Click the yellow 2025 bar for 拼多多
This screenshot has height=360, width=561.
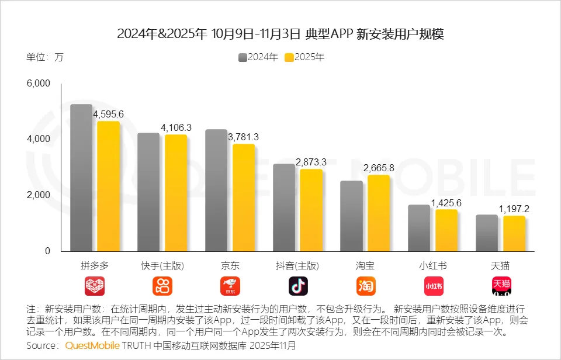(x=108, y=186)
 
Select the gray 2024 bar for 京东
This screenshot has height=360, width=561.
(x=216, y=190)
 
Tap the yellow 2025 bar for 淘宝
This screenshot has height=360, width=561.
(x=379, y=213)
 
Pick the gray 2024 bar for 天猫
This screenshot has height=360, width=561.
(x=487, y=233)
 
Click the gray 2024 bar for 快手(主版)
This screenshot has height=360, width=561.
(x=148, y=192)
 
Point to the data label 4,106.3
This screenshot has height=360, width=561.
(x=176, y=127)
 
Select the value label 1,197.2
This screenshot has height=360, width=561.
(x=514, y=209)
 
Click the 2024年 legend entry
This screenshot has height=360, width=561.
(x=258, y=57)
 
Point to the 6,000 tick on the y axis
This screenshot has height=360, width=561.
(x=39, y=84)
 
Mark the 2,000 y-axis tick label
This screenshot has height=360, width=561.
(x=39, y=195)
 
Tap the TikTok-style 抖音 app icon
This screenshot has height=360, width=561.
(x=298, y=286)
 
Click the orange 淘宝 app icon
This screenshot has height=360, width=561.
(x=366, y=286)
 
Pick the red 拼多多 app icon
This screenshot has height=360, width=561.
(x=95, y=286)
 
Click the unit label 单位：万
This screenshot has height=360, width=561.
(x=44, y=57)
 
